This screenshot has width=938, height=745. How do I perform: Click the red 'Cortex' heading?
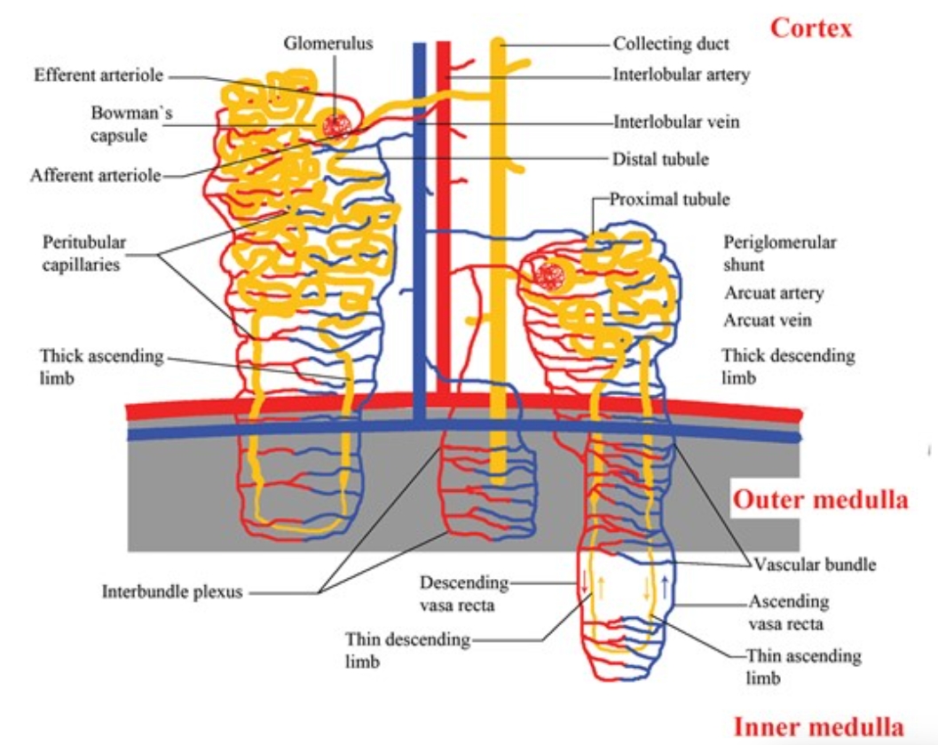click(810, 28)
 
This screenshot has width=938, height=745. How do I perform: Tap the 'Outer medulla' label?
click(820, 500)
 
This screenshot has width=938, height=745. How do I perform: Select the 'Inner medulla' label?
click(818, 727)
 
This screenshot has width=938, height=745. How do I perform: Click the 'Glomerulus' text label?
click(329, 43)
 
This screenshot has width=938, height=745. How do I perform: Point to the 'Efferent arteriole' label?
click(99, 75)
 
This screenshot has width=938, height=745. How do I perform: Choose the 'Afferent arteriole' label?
click(96, 175)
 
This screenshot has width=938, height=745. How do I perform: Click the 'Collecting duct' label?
click(671, 44)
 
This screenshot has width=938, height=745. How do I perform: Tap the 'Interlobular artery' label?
click(682, 75)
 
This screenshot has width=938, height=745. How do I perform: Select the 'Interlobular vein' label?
click(675, 122)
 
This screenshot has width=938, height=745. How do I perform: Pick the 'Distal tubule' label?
click(660, 159)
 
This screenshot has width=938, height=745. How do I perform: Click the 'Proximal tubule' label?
click(669, 199)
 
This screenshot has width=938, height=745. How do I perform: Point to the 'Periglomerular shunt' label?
click(779, 253)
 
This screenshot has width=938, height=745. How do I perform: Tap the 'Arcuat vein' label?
click(767, 320)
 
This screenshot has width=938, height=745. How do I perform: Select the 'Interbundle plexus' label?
click(172, 591)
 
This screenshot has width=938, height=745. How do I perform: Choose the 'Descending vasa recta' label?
click(464, 593)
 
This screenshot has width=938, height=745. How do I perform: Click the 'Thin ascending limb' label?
click(803, 666)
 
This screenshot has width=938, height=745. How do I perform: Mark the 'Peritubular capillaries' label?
click(84, 253)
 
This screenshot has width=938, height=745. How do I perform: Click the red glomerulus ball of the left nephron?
click(335, 125)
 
